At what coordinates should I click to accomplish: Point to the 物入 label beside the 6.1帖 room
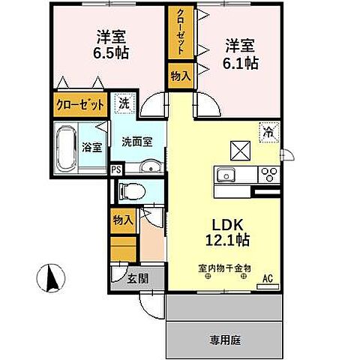coord(180,76)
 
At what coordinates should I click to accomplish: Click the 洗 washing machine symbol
coord(123,104)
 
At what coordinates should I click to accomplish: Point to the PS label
coord(115,170)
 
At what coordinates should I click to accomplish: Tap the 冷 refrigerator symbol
coord(267,131)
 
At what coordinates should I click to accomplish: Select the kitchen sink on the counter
coord(226,175)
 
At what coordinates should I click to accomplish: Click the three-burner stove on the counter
coord(268,175)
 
